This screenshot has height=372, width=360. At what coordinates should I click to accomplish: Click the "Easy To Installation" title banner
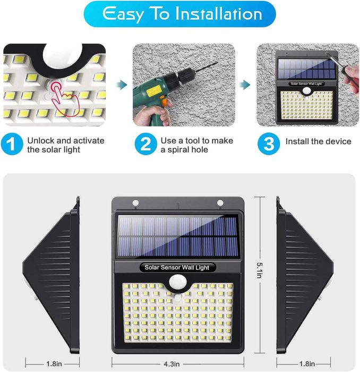[179, 14]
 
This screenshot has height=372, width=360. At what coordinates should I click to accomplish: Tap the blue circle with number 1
[12, 144]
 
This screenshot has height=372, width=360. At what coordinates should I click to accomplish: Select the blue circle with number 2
[145, 144]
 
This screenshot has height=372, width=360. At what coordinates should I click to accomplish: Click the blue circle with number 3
[269, 144]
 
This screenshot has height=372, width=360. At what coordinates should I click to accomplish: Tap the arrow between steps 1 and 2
[122, 84]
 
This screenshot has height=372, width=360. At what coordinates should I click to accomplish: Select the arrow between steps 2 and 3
[245, 84]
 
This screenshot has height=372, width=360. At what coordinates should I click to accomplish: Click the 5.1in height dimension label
[260, 270]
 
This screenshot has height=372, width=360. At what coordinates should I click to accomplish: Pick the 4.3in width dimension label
[172, 363]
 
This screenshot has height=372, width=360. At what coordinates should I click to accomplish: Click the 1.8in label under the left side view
[54, 363]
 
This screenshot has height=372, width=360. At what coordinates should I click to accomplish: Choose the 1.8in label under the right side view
[307, 363]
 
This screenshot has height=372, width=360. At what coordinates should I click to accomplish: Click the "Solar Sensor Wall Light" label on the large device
[177, 267]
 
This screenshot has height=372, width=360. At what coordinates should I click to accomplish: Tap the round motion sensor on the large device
[178, 282]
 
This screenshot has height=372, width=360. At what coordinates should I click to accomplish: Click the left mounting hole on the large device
[135, 203]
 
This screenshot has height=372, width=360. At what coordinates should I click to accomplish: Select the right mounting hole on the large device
[220, 203]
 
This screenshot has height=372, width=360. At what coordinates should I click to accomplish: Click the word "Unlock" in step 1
[41, 141]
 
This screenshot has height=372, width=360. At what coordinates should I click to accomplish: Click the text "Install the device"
[318, 141]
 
